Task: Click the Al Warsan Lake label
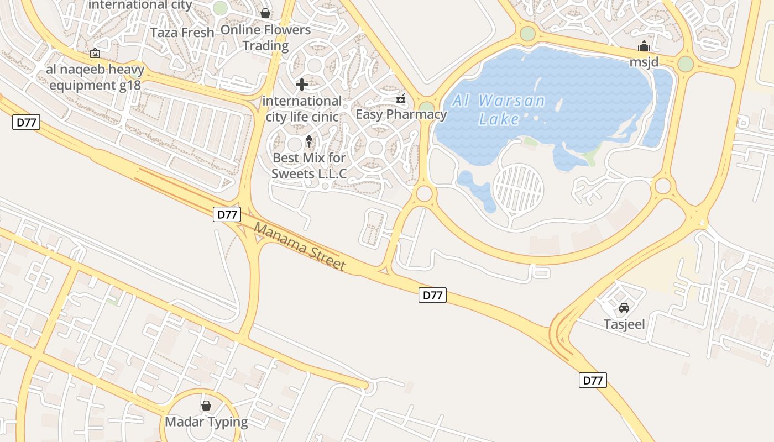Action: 499,109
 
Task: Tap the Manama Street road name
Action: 300,246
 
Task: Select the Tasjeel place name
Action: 624,324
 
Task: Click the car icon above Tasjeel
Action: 624,307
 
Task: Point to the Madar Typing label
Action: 206,422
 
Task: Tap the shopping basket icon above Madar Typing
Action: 206,406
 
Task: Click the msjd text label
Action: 644,61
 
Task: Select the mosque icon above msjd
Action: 644,46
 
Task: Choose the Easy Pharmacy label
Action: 401,114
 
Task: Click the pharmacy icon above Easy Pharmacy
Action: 401,99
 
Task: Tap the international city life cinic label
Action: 302,109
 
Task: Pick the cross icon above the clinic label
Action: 302,85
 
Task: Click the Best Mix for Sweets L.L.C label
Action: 309,165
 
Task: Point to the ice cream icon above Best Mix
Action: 309,141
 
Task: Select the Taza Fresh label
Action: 182,33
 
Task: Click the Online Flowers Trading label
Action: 266,38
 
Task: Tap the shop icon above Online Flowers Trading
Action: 265,13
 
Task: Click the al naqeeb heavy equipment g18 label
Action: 95,77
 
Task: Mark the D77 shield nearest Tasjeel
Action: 593,380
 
